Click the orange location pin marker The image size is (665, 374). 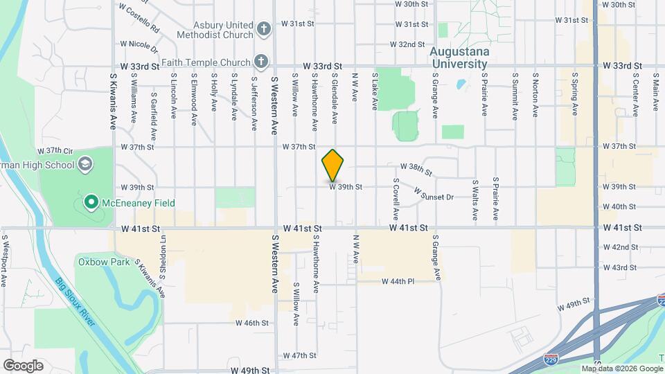click(x=333, y=166)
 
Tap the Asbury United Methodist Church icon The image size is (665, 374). click(x=263, y=29)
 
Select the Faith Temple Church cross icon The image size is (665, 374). click(x=260, y=60)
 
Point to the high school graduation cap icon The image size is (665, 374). click(x=85, y=165)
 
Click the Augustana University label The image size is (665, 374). click(x=459, y=57)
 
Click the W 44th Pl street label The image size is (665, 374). click(x=398, y=281)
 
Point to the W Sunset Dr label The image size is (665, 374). click(x=434, y=193)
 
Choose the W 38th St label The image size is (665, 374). click(x=416, y=169)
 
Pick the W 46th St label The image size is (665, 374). click(x=251, y=323)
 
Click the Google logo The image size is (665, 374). click(x=23, y=365)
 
